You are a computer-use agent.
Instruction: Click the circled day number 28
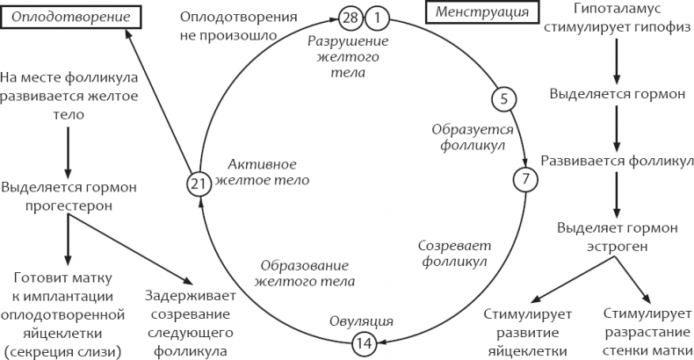[x=351, y=19]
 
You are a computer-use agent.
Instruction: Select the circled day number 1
[x=377, y=19]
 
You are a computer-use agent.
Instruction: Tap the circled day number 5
[x=503, y=99]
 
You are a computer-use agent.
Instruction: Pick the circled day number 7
[x=525, y=179]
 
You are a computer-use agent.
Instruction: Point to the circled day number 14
[x=365, y=343]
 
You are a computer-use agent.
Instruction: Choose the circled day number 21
[x=199, y=184]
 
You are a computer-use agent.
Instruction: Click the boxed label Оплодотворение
[x=71, y=18]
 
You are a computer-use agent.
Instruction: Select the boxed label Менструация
[x=481, y=12]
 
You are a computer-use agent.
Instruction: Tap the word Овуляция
[x=361, y=321]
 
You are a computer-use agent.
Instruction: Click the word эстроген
[x=617, y=247]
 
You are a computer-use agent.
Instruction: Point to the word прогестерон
[x=69, y=205]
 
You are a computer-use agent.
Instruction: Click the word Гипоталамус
[x=618, y=8]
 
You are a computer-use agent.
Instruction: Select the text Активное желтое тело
[x=262, y=172]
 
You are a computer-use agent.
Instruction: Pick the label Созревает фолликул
[x=454, y=254]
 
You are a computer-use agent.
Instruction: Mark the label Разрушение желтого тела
[x=349, y=56]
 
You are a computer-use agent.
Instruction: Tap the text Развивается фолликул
[x=617, y=161]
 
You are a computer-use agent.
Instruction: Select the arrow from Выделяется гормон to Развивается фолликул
[x=617, y=129]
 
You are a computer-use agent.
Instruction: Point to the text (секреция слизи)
[x=62, y=352]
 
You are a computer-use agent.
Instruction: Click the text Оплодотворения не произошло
[x=238, y=26]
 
